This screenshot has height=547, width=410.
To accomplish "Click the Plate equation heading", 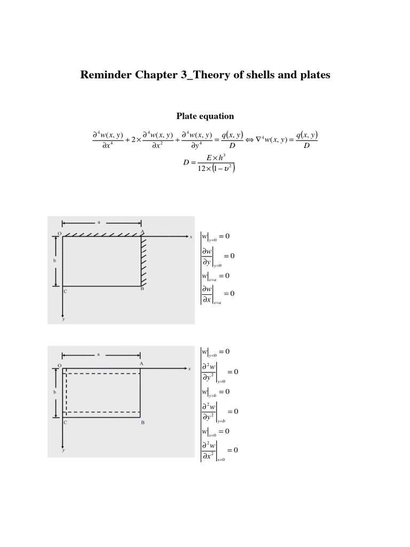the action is [205, 116].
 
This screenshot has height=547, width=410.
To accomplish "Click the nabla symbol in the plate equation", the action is [258, 139].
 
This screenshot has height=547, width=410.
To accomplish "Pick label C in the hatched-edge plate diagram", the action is [65, 292].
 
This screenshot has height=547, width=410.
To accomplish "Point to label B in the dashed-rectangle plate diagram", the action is [143, 423].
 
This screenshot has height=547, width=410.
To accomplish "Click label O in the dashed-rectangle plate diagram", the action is [59, 365].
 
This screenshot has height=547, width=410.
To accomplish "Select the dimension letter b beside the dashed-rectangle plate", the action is [56, 392].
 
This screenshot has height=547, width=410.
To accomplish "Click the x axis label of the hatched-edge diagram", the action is [191, 237].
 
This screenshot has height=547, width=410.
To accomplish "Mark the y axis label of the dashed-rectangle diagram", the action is [63, 450].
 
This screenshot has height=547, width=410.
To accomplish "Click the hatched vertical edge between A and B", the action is [143, 261].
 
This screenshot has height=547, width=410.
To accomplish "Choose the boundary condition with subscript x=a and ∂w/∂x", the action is [217, 293].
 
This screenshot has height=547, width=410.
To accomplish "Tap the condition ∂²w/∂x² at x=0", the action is [219, 450].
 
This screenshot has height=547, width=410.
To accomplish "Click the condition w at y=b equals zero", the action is [216, 392].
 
